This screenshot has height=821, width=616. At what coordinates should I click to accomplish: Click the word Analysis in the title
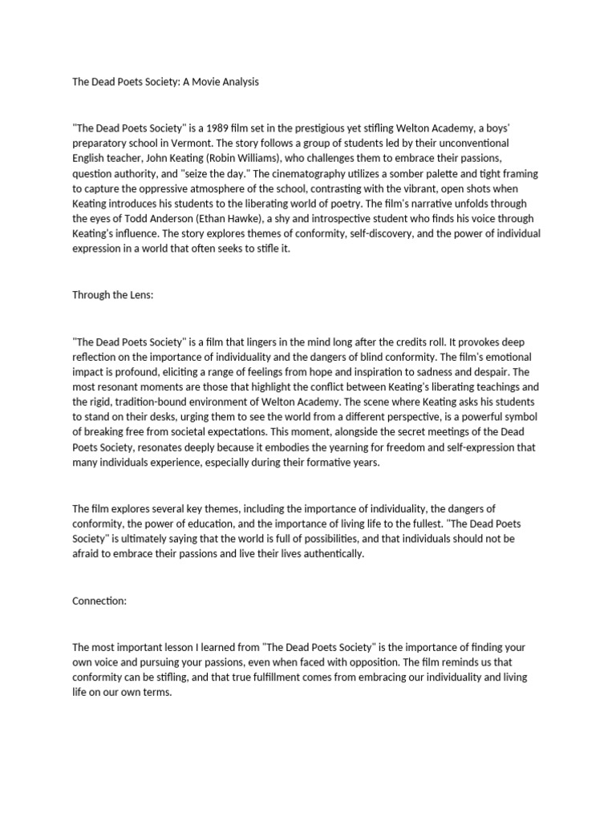(239, 83)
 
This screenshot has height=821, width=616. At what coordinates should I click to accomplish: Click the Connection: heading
(99, 602)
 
